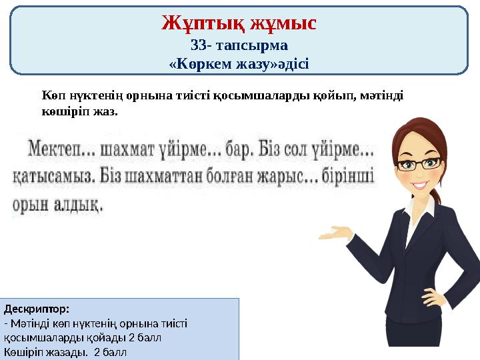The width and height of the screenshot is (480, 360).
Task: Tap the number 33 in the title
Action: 199,46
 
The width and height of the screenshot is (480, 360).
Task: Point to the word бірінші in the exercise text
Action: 353,177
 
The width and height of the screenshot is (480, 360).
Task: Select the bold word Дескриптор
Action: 37,309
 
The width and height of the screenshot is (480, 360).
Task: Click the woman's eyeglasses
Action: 415,162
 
